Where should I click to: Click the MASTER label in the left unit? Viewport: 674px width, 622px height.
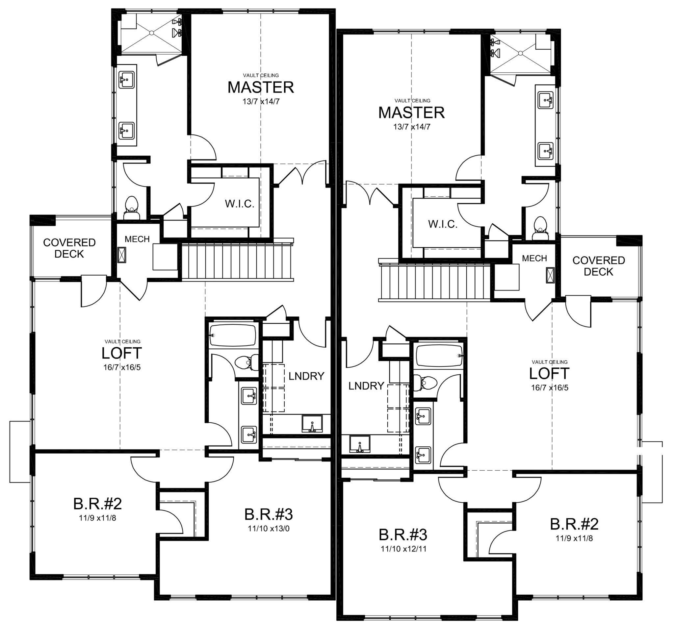coord(261,87)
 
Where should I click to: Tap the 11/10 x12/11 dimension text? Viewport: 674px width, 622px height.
coord(403,549)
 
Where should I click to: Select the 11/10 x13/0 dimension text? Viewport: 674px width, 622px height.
coord(269,529)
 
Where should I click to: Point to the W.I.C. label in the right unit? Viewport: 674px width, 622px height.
coord(443,224)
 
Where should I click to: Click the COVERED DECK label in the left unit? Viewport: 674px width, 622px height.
coord(69,248)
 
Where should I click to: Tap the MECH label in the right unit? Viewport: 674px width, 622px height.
coord(534,258)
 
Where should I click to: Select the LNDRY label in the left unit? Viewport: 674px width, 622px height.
coord(306,376)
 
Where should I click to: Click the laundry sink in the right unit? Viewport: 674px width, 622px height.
coord(360,445)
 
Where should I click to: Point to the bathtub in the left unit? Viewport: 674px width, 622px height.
coord(232,335)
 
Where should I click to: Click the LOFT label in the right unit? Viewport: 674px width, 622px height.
coord(549,373)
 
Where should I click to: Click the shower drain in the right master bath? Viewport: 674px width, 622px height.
coord(520,53)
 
